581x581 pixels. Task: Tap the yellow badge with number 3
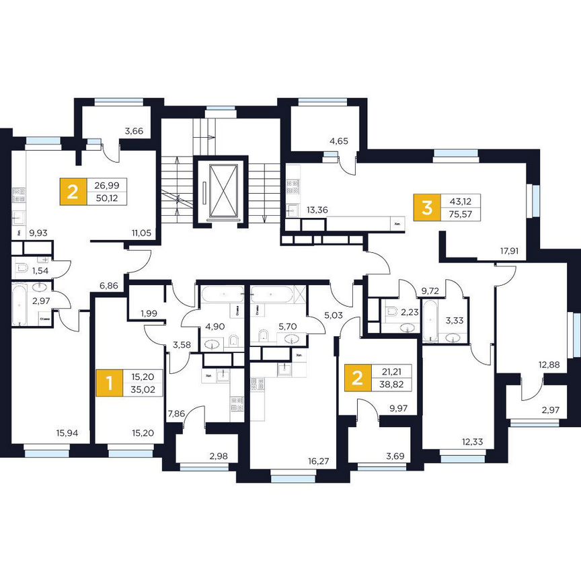pos(426,207)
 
